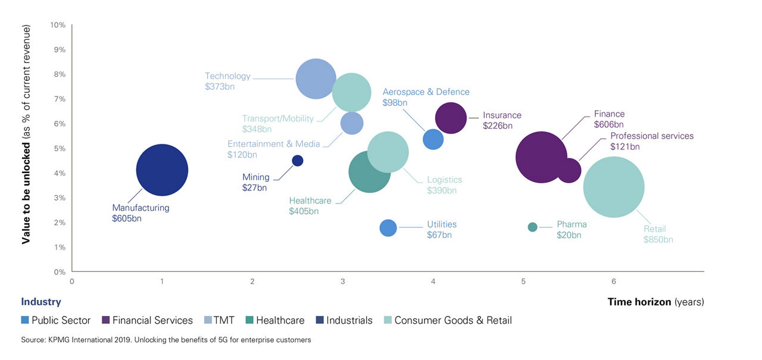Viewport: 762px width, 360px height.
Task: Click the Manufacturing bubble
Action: [162, 170]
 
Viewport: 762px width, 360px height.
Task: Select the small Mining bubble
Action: [298, 161]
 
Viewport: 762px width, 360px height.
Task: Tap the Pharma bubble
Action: [532, 227]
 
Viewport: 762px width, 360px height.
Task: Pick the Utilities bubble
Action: [388, 228]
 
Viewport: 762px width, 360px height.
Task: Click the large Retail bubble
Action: [613, 187]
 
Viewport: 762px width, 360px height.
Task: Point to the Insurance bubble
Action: [451, 118]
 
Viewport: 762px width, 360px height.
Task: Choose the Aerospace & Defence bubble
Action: [433, 139]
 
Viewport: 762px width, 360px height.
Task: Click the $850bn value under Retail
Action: [658, 240]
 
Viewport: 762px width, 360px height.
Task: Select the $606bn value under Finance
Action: [608, 125]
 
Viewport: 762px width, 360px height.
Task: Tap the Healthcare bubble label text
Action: [310, 201]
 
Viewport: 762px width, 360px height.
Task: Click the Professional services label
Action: [652, 136]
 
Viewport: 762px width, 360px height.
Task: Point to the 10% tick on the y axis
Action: [58, 25]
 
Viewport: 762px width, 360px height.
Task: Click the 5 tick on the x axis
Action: [523, 281]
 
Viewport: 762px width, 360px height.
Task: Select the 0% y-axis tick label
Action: [59, 272]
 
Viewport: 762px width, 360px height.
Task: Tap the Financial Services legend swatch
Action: [107, 320]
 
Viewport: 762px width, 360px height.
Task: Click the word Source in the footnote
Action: [33, 340]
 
